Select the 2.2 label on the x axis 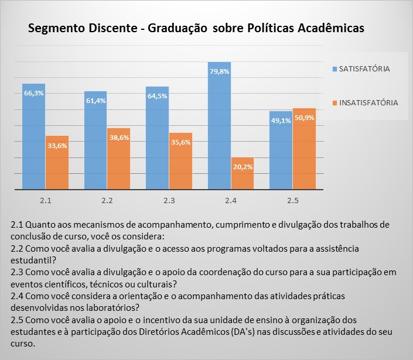point(107,201)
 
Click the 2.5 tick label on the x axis point(292,201)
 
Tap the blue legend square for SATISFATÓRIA point(334,69)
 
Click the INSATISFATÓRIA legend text point(369,102)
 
